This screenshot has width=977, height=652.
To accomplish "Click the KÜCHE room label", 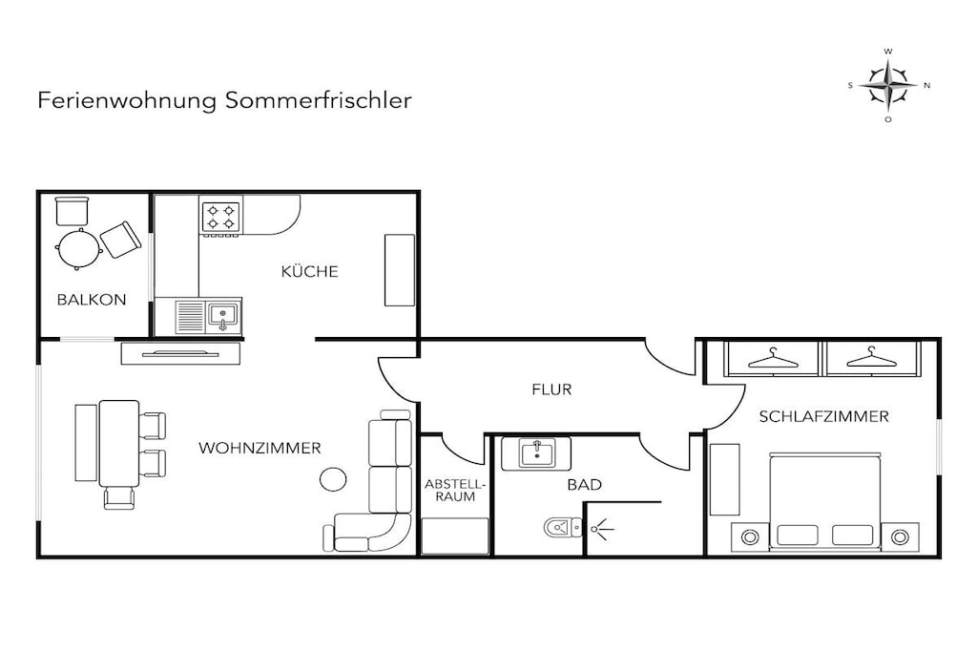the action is point(310,271).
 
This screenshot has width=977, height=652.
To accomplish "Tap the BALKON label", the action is point(92,300).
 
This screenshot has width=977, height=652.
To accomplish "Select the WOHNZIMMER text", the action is point(260,448).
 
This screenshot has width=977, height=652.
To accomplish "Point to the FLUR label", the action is point(551,389).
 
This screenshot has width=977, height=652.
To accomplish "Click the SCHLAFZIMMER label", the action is point(823,416).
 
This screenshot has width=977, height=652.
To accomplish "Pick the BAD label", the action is point(585,484).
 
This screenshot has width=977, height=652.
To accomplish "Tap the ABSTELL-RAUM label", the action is point(455,491).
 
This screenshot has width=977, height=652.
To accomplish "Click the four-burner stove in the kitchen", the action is point(221,218).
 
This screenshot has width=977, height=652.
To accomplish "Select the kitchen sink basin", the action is point(223,315).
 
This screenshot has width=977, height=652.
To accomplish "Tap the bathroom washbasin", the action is point(536,453).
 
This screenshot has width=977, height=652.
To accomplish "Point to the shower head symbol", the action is point(601,529).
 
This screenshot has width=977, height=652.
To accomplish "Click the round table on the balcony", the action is point(79,249).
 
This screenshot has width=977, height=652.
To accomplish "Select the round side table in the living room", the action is point(333,479).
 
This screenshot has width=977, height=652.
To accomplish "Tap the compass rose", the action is point(888,85).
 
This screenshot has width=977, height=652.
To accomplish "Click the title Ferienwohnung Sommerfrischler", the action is point(224,100).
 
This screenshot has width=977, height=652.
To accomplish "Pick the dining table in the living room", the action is point(119,443).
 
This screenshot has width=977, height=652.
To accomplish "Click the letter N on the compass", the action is point(927,85).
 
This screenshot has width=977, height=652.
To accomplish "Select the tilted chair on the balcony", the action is point(121,240).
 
